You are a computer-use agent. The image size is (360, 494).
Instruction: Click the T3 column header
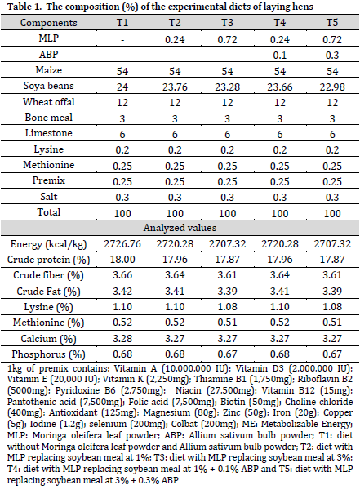click(x=227, y=23)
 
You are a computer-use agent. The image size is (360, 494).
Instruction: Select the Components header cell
click(x=48, y=23)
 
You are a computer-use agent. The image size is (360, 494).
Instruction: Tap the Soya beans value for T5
click(x=332, y=87)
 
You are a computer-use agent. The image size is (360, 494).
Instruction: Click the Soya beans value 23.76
click(x=175, y=87)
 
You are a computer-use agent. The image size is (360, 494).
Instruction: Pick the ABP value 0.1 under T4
click(x=280, y=56)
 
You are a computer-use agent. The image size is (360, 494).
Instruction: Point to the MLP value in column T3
click(x=227, y=39)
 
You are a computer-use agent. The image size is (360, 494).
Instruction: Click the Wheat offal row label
click(x=48, y=102)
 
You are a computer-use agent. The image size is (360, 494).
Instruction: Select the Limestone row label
click(x=48, y=133)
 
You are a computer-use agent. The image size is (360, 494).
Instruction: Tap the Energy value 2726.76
click(x=122, y=244)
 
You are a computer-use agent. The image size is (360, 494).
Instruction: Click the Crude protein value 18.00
click(x=122, y=260)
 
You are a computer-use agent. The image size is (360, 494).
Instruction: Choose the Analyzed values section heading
click(x=180, y=228)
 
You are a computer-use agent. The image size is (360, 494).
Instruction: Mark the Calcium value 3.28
click(x=122, y=338)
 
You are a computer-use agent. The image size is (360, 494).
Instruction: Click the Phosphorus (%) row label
click(x=48, y=354)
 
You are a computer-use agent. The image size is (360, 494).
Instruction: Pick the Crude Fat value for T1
click(x=122, y=291)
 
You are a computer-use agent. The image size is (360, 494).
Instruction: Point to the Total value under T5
click(x=332, y=213)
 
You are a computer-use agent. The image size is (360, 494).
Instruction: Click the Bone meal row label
click(x=48, y=118)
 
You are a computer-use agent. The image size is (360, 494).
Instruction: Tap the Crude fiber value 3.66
click(x=122, y=275)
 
